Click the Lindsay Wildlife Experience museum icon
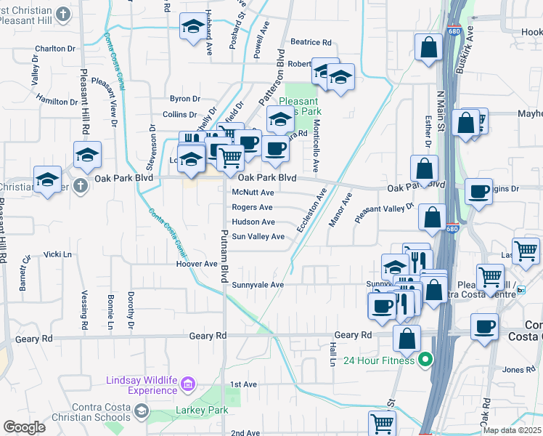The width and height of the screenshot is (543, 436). (188, 383)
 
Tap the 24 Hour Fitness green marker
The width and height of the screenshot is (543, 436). (425, 360)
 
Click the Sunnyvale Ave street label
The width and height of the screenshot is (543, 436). (257, 285)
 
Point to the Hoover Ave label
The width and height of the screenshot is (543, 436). (197, 264)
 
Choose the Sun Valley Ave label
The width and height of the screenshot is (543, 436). (258, 236)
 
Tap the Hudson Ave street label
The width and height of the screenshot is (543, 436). (253, 222)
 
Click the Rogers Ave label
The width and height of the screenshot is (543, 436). (252, 207)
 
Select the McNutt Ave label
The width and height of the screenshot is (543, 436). (252, 193)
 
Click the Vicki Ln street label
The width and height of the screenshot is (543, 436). (58, 254)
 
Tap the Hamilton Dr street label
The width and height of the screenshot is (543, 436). (57, 100)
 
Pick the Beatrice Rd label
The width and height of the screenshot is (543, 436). (311, 43)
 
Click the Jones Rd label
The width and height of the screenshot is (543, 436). (518, 369)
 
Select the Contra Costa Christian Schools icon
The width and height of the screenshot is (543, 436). (141, 412)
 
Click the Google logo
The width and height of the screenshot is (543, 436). (24, 427)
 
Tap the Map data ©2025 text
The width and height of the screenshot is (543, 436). (512, 430)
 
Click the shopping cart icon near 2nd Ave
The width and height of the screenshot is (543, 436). (382, 423)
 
